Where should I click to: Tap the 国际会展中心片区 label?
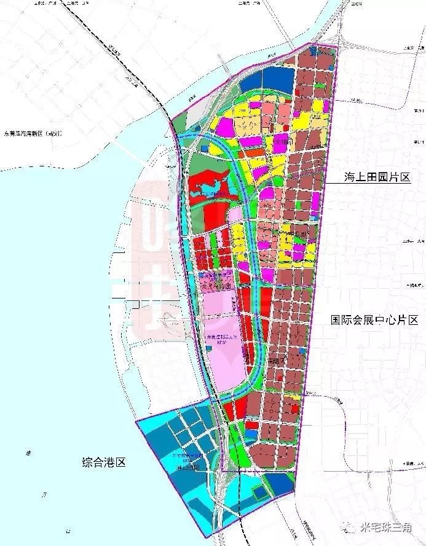374,320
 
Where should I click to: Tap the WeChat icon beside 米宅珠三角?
352,527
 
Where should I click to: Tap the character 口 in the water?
68,532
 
